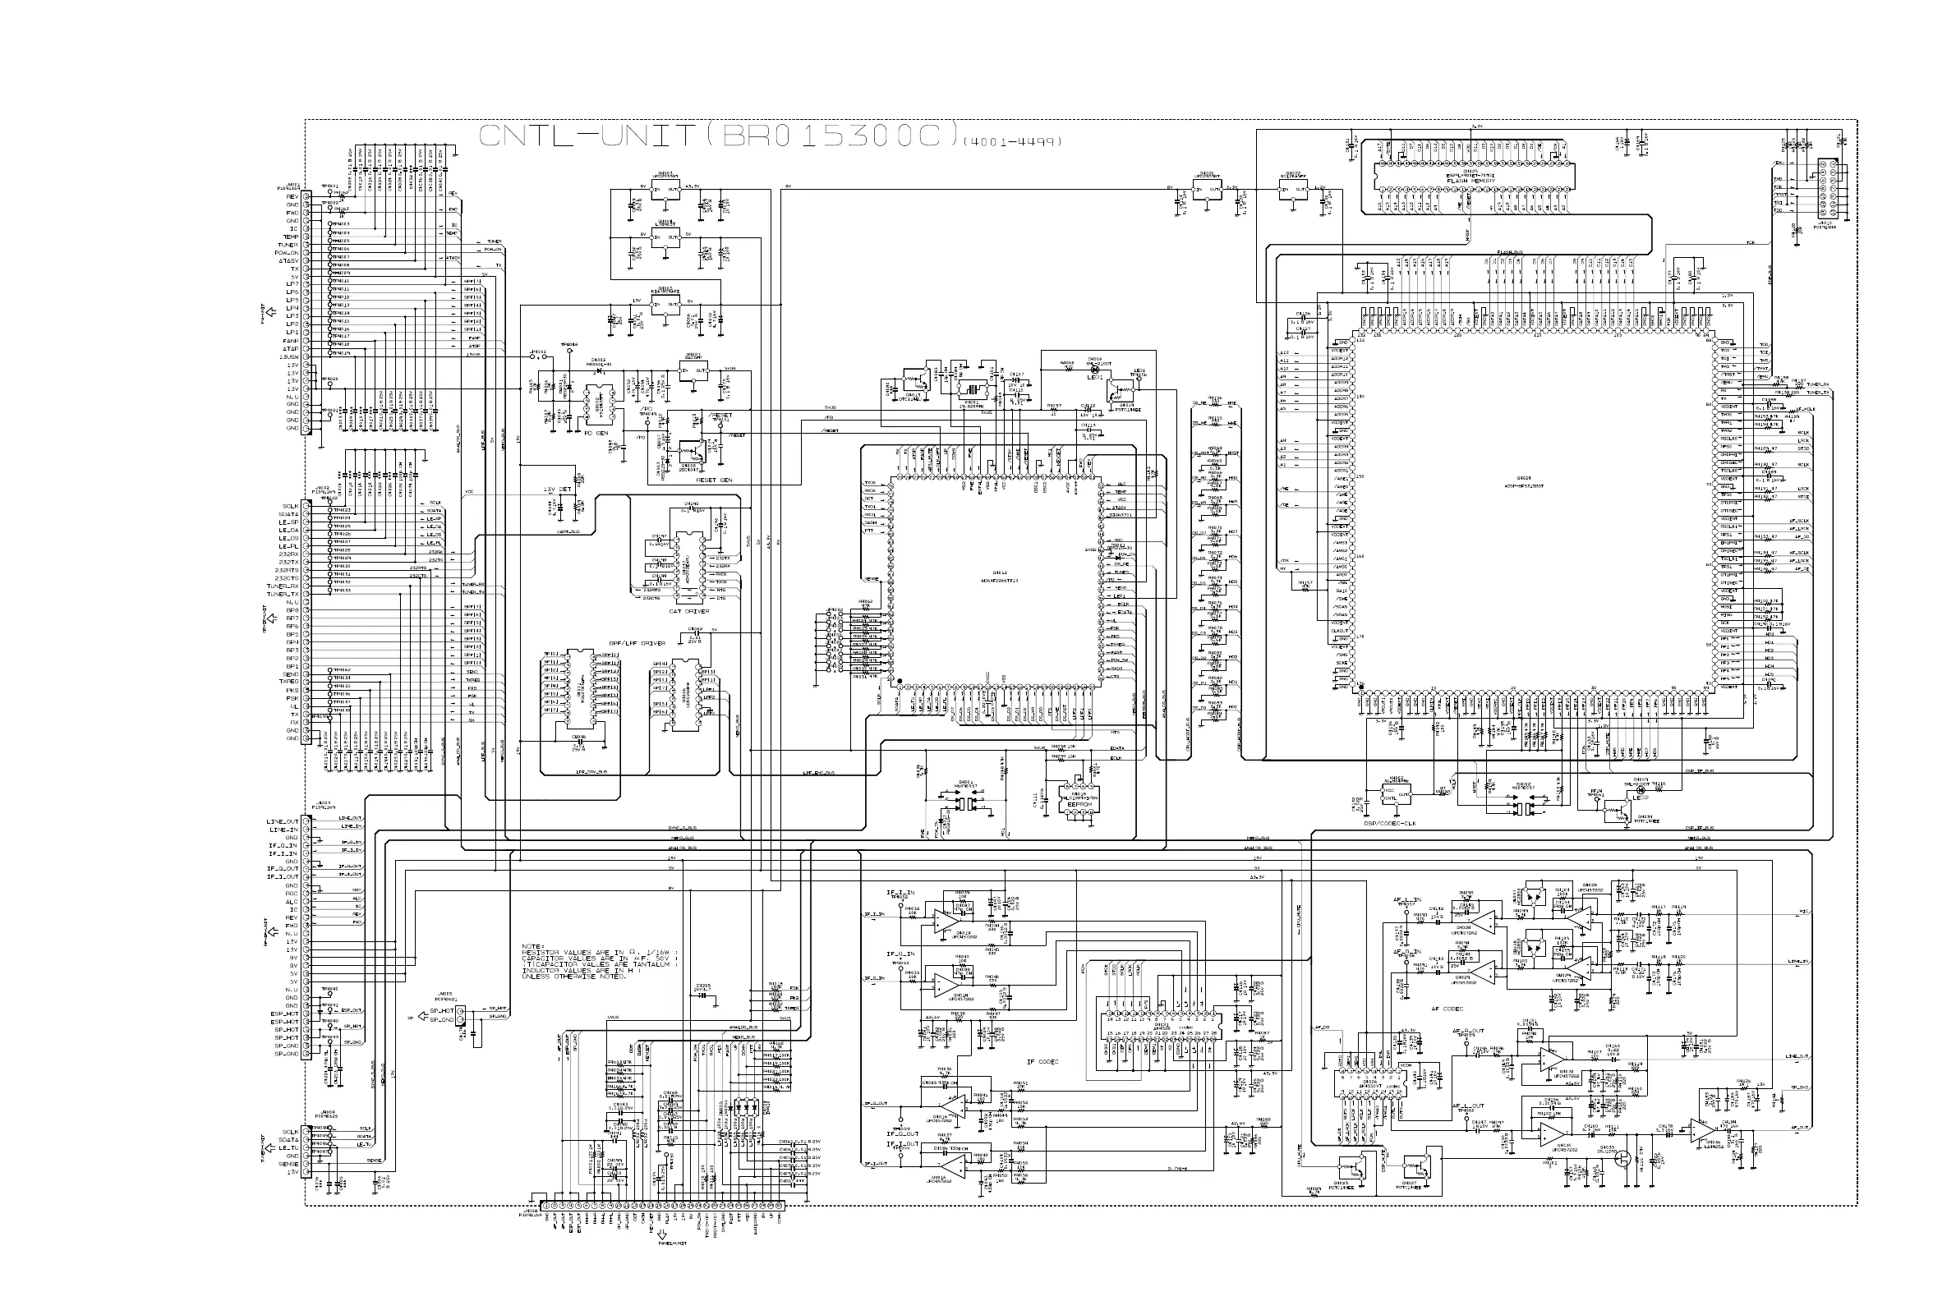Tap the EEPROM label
coord(1078,804)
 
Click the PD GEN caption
coord(596,432)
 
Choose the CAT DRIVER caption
coord(688,611)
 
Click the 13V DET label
coord(558,490)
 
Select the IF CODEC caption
coord(1042,1061)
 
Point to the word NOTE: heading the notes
coord(532,946)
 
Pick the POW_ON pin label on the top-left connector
coord(288,253)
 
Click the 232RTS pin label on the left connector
coord(288,570)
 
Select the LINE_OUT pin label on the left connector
coord(283,821)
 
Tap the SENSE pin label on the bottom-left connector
coord(289,1165)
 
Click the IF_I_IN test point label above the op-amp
coord(900,893)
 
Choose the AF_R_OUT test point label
coord(1468,1032)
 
